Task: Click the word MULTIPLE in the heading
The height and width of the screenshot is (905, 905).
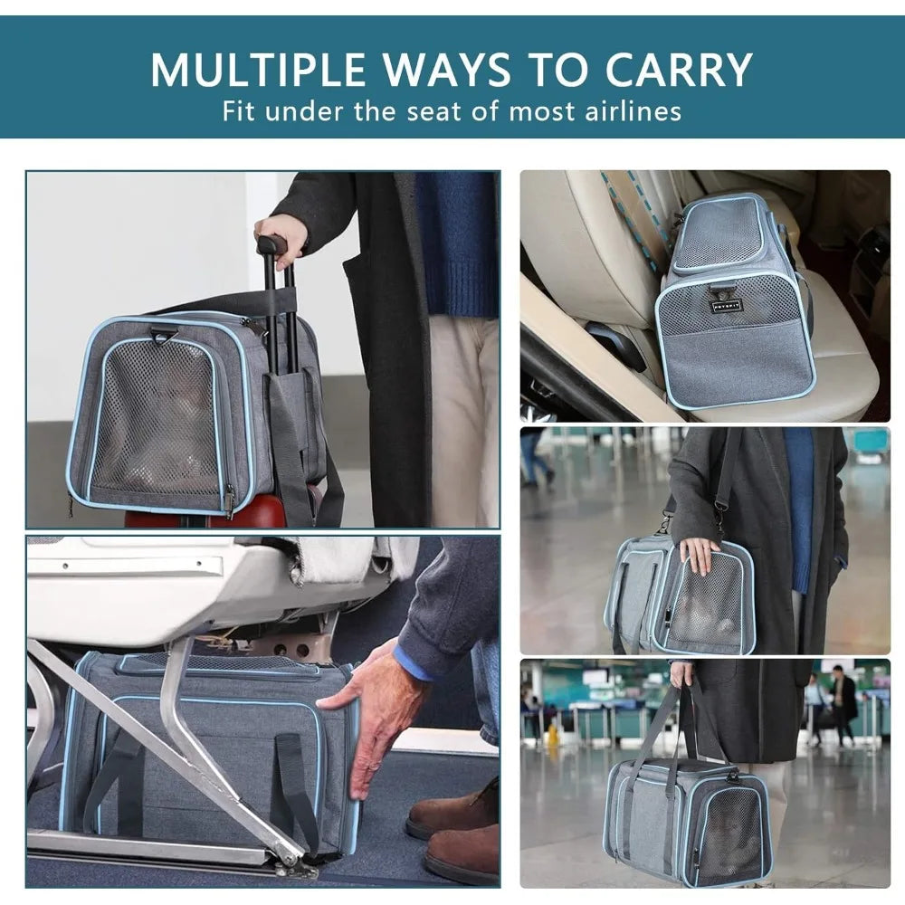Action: [x=257, y=70]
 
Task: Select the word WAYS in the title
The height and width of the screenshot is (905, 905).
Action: [x=447, y=70]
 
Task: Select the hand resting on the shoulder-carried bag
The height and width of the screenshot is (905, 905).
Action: [x=700, y=554]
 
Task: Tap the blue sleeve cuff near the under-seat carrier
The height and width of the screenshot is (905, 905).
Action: [x=415, y=660]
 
